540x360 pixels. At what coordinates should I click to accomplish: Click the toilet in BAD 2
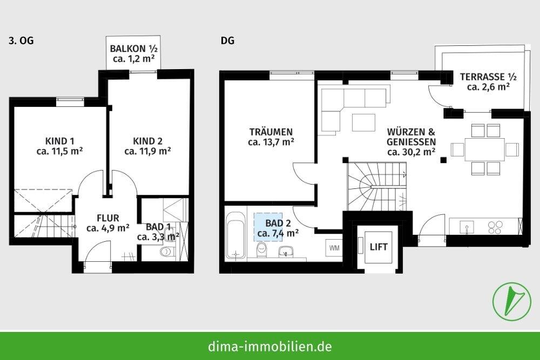262,250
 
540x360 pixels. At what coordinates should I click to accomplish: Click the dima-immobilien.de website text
270,345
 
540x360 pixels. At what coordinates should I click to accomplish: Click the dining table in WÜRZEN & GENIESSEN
478,150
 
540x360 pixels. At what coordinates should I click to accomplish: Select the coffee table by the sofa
363,123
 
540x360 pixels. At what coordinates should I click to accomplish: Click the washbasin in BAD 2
286,251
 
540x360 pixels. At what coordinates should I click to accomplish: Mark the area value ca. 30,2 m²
411,152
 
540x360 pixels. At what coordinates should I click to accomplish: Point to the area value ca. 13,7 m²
271,142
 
